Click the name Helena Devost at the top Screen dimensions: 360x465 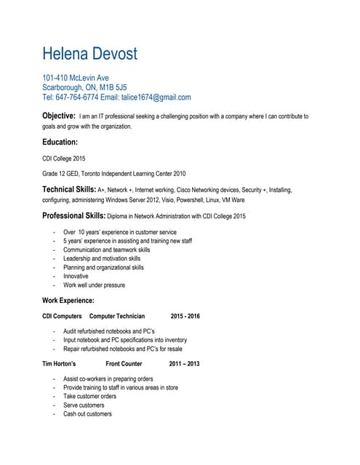(x=89, y=54)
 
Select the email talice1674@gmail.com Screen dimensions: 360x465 (x=156, y=97)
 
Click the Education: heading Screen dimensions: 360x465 (x=60, y=142)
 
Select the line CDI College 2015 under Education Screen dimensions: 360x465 (x=64, y=158)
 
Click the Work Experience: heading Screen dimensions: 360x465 (x=68, y=299)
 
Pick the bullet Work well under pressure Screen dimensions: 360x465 (x=94, y=285)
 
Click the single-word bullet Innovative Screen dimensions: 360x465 (x=76, y=276)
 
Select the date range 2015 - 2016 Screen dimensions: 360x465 (x=185, y=316)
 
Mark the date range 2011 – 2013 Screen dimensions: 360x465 (x=183, y=363)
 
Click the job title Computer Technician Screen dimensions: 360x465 (x=116, y=316)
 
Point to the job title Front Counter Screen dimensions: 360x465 (x=124, y=363)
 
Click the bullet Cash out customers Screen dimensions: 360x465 (x=87, y=413)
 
